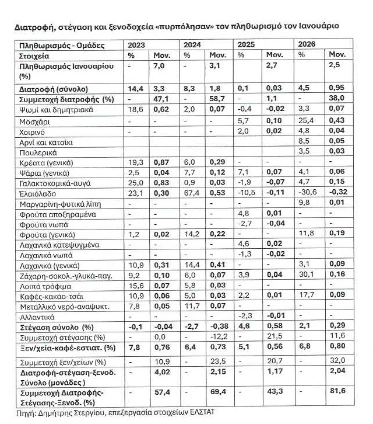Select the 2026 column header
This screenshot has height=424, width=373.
click(307, 45)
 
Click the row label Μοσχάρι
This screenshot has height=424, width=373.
click(32, 121)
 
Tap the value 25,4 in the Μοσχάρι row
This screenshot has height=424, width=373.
click(304, 121)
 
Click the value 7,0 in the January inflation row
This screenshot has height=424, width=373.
click(159, 66)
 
